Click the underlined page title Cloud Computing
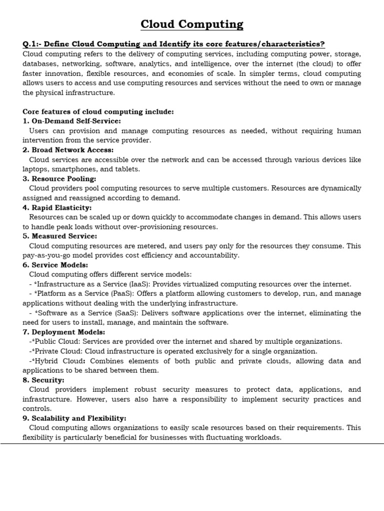(x=192, y=24)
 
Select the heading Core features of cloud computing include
(x=98, y=111)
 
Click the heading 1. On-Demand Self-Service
(x=72, y=121)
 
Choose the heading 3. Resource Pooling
(x=59, y=179)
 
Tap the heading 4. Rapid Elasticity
(x=57, y=208)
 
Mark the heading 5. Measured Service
(x=60, y=236)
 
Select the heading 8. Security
(x=43, y=380)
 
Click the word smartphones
(x=72, y=169)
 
